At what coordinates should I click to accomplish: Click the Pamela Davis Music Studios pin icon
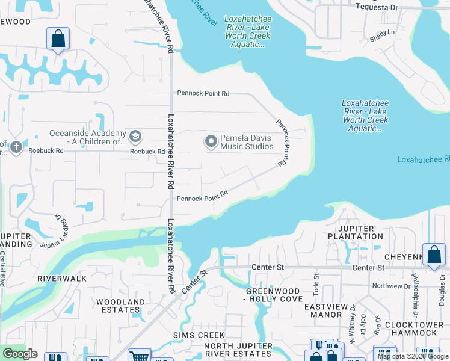tap(211, 142)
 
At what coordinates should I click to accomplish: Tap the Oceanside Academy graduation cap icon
tap(135, 136)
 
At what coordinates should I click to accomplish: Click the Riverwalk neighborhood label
tap(62, 279)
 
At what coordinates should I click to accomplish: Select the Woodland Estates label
tap(120, 306)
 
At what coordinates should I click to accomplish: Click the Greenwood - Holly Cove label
tap(274, 295)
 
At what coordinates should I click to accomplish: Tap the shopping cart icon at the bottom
tap(139, 354)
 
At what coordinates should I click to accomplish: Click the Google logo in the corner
tap(20, 354)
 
